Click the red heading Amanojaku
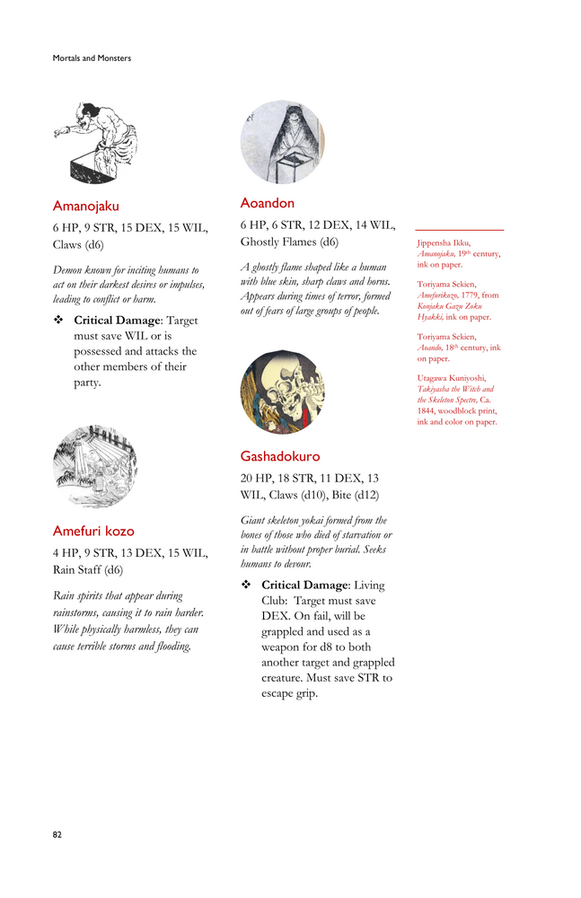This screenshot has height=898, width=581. click(85, 206)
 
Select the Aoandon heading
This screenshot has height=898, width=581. click(267, 203)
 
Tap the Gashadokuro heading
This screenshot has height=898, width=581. click(279, 456)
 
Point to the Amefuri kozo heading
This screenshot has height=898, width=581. click(93, 531)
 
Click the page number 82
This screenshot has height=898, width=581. click(57, 834)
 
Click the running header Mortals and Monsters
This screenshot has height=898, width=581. click(92, 58)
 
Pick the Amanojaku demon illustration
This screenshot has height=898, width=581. click(95, 141)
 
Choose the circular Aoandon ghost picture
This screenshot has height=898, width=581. click(282, 142)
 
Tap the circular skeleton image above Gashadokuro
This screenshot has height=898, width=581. click(282, 392)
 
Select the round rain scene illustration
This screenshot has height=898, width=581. click(95, 467)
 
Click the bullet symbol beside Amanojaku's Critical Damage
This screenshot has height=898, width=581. click(57, 321)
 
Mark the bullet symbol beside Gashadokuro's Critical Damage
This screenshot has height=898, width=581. click(245, 585)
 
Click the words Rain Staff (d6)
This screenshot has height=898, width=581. click(88, 568)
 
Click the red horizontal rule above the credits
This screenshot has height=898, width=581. click(459, 230)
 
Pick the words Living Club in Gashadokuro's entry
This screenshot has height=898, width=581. click(365, 585)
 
